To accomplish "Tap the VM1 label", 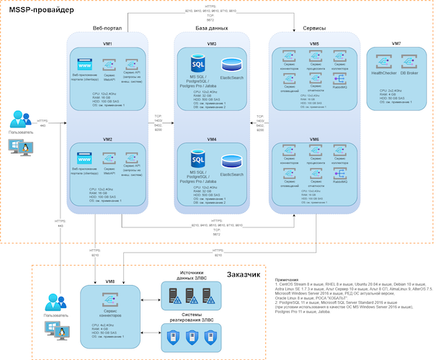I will pyautogui.click(x=106, y=44).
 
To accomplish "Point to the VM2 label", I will pyautogui.click(x=106, y=138).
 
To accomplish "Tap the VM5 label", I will pyautogui.click(x=315, y=44).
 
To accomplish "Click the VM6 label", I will pyautogui.click(x=315, y=138).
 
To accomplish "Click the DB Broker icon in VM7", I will pyautogui.click(x=409, y=62).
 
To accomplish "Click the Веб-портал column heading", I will pyautogui.click(x=107, y=28).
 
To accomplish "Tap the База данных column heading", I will pyautogui.click(x=211, y=28).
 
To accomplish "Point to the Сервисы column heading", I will pyautogui.click(x=315, y=28).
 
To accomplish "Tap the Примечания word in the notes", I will pyautogui.click(x=291, y=279).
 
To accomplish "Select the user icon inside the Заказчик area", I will pyautogui.click(x=52, y=301).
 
